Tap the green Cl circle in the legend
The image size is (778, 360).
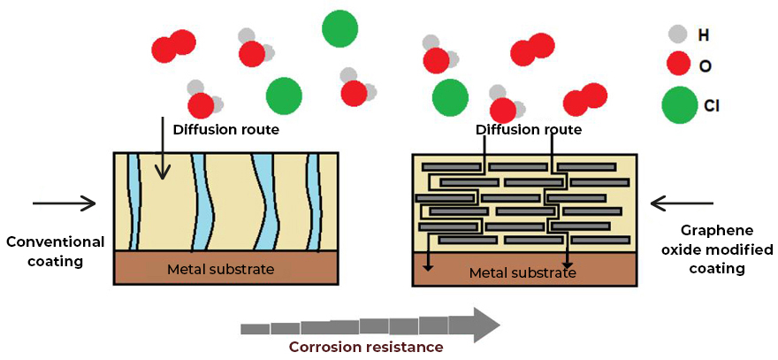pyautogui.click(x=679, y=104)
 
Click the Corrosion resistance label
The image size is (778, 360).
pyautogui.click(x=366, y=346)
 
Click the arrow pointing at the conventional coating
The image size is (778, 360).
pyautogui.click(x=64, y=203)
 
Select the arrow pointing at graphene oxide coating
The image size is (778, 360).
pyautogui.click(x=682, y=203)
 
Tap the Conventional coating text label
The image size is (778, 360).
pyautogui.click(x=55, y=251)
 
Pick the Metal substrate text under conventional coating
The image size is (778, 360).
pyautogui.click(x=220, y=270)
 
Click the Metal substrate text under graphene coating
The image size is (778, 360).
pyautogui.click(x=522, y=272)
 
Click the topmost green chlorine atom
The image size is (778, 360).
pyautogui.click(x=339, y=29)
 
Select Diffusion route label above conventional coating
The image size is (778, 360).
pyautogui.click(x=225, y=130)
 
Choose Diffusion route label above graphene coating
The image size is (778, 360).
pyautogui.click(x=529, y=130)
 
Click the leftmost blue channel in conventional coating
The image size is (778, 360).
pyautogui.click(x=133, y=202)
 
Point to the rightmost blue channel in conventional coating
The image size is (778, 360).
pyautogui.click(x=313, y=202)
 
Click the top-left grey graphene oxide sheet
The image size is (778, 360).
pyautogui.click(x=451, y=166)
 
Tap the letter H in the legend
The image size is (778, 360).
pyautogui.click(x=704, y=34)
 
